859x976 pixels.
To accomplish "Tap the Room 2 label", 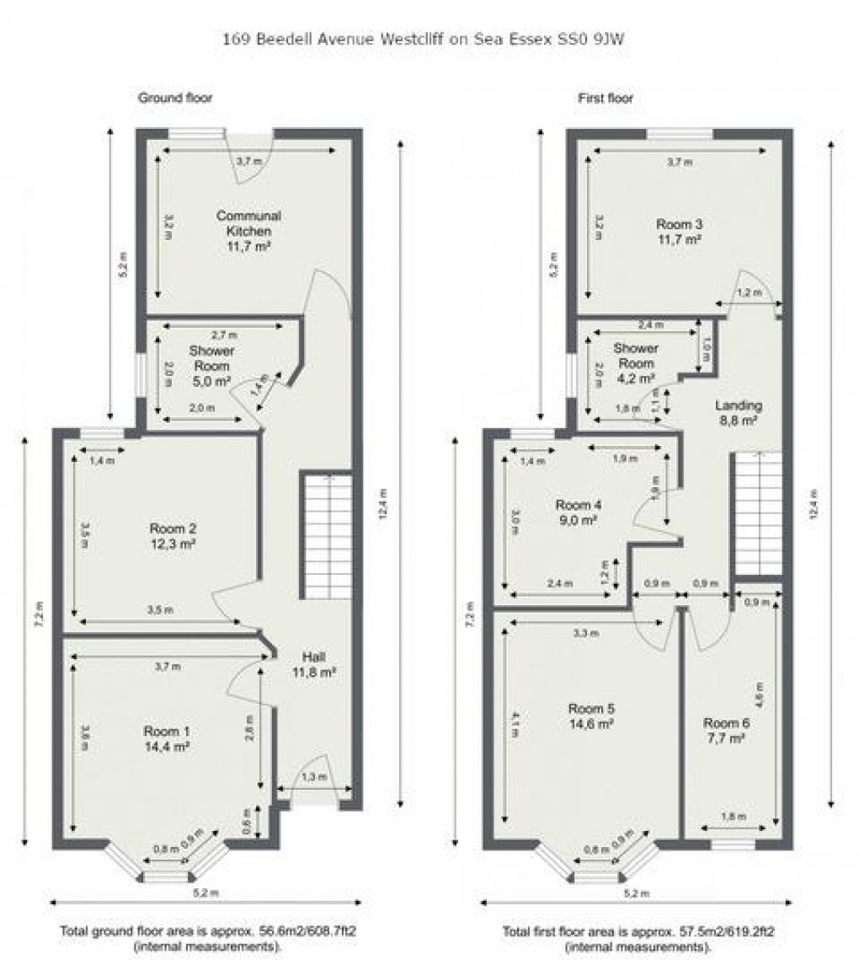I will (173, 529).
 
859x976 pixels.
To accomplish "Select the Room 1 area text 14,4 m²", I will (166, 745).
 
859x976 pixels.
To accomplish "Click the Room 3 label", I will (679, 224).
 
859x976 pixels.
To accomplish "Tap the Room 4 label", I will (579, 505).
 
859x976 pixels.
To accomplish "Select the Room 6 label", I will (725, 723).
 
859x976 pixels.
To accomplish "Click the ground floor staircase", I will (326, 535).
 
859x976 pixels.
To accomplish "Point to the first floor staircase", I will (756, 514).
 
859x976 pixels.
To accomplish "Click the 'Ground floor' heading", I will (175, 99).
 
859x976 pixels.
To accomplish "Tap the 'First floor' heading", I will (606, 99).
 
